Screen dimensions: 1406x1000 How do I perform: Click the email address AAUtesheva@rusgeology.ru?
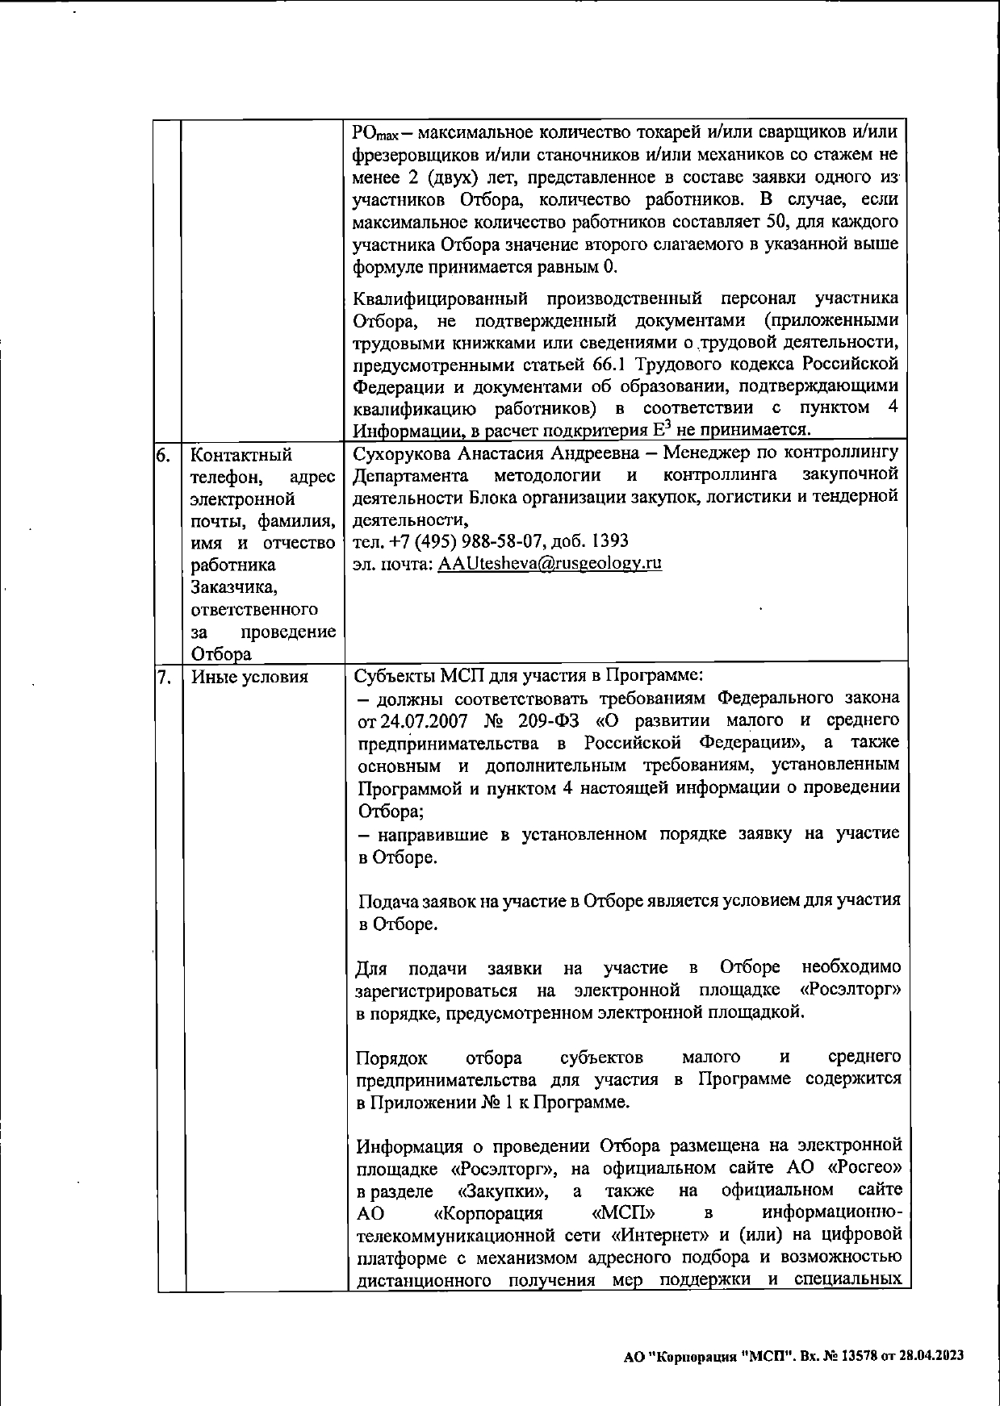point(550,563)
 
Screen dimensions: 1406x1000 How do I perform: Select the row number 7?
point(164,677)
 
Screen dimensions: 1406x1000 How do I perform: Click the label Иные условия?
point(249,677)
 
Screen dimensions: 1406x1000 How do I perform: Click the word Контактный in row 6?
point(241,455)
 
